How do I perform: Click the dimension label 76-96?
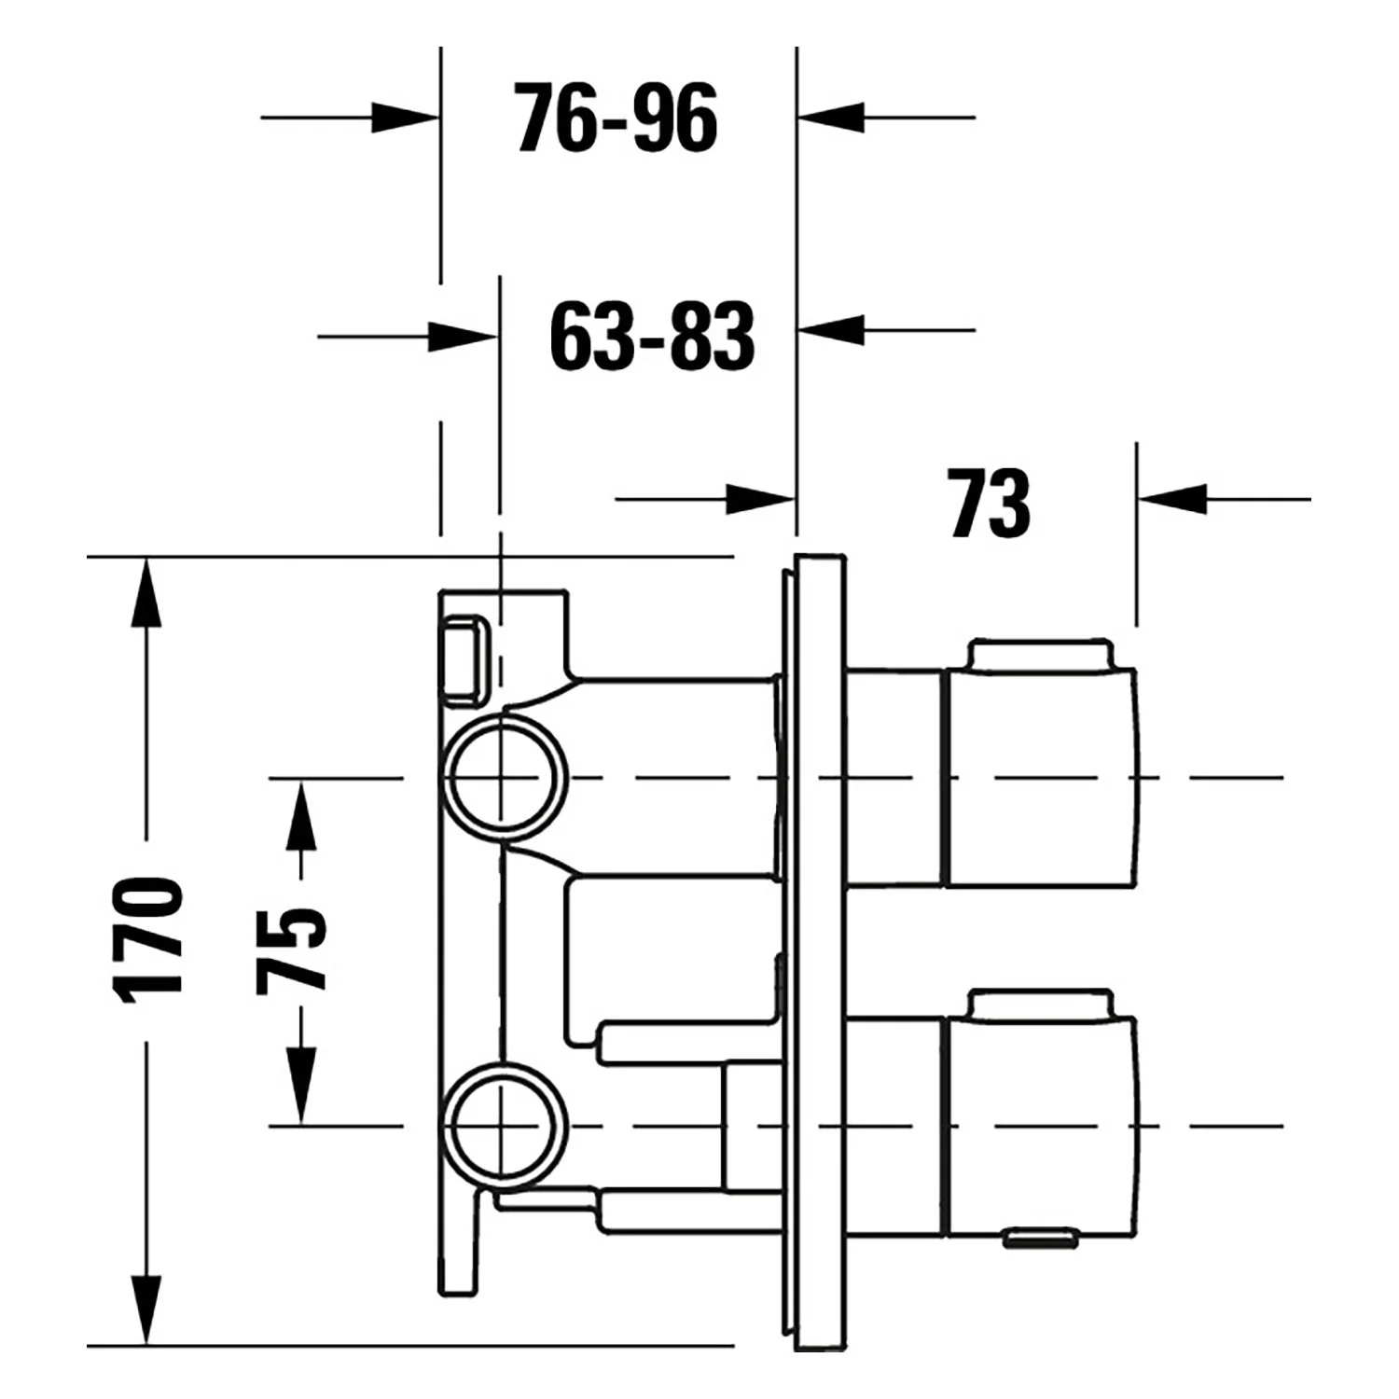616,118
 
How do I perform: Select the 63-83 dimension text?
652,336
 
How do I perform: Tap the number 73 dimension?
990,504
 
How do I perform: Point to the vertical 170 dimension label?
146,940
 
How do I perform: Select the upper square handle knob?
1043,776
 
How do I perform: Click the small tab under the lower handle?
1041,1239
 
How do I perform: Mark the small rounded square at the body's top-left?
464,659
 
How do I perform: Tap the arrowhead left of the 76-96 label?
405,118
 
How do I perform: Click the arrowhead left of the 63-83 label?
463,336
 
